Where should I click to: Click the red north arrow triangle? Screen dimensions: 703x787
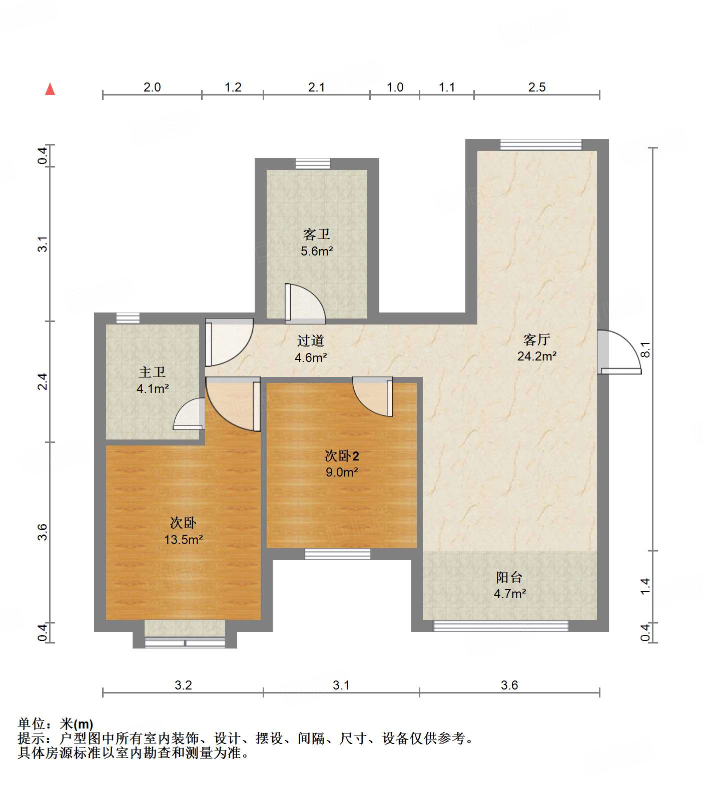pyautogui.click(x=50, y=89)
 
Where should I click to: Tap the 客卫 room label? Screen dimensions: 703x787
pyautogui.click(x=317, y=234)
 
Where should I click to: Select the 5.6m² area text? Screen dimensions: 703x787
pyautogui.click(x=317, y=251)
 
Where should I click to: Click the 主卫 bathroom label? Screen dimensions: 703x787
pyautogui.click(x=152, y=372)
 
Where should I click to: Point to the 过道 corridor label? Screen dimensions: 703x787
pyautogui.click(x=311, y=341)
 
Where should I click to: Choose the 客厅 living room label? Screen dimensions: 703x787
pyautogui.click(x=537, y=340)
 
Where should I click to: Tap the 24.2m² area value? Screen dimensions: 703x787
pyautogui.click(x=537, y=356)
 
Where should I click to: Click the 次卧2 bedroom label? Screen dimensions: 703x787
pyautogui.click(x=342, y=456)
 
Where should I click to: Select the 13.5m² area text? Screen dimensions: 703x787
pyautogui.click(x=183, y=539)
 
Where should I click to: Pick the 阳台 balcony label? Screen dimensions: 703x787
pyautogui.click(x=509, y=577)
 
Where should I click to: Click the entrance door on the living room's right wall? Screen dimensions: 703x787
pyautogui.click(x=619, y=352)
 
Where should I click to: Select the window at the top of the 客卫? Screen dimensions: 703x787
pyautogui.click(x=313, y=163)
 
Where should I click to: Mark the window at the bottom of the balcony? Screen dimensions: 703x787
pyautogui.click(x=501, y=625)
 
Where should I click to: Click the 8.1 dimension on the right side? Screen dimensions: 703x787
pyautogui.click(x=646, y=349)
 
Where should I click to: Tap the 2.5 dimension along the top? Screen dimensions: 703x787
pyautogui.click(x=537, y=87)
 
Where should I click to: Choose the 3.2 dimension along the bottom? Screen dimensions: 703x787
pyautogui.click(x=183, y=685)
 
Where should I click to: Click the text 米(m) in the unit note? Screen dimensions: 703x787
pyautogui.click(x=77, y=723)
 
